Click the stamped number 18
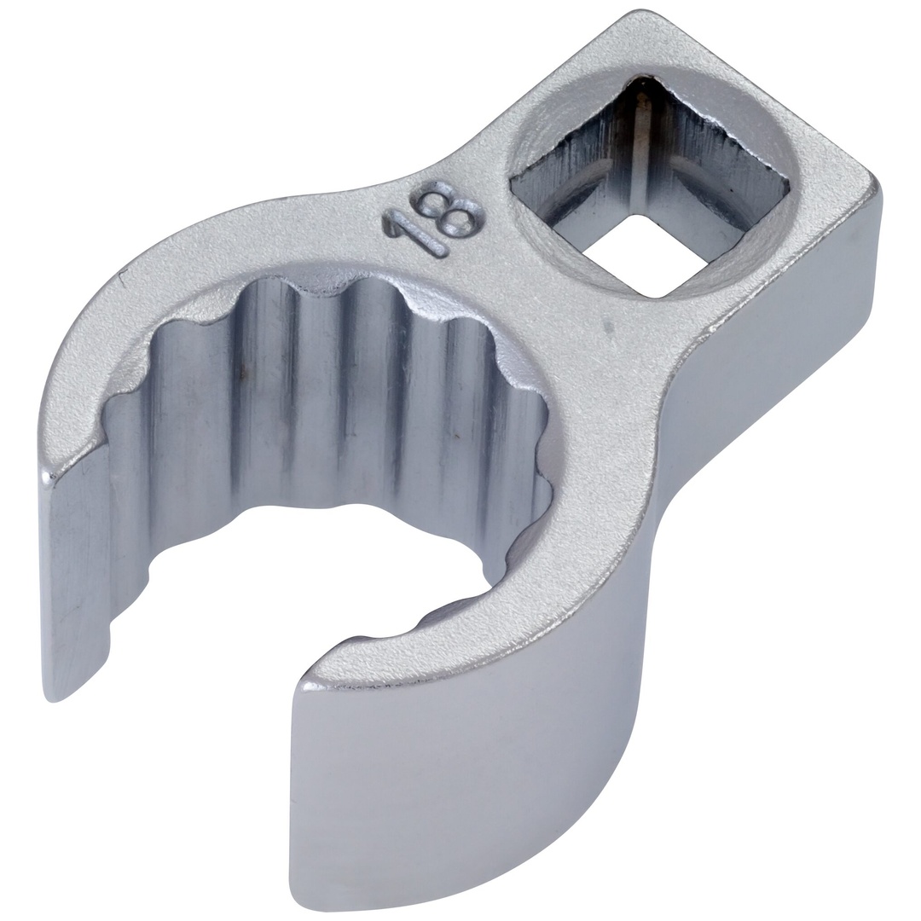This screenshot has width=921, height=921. [x=432, y=224]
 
